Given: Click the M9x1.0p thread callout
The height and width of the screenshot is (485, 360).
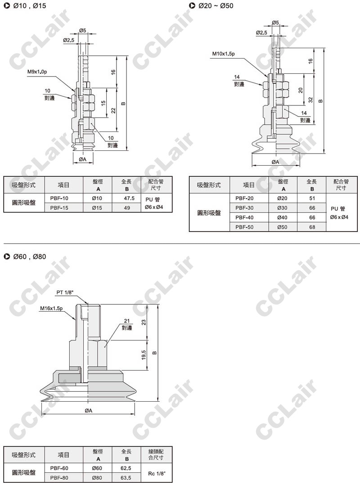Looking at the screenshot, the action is click(37, 72).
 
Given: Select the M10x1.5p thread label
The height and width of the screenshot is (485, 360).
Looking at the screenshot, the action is click(223, 54).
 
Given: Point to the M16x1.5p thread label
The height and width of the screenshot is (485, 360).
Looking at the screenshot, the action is click(51, 308).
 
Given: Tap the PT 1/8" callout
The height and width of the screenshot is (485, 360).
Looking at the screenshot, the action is click(65, 292).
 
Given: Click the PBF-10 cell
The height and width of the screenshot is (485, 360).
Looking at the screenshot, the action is click(59, 198).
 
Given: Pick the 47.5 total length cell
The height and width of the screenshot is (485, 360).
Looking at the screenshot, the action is click(127, 198).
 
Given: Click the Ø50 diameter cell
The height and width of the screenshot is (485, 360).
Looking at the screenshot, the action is click(282, 227).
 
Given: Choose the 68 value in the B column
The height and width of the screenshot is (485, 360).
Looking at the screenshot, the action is click(312, 227).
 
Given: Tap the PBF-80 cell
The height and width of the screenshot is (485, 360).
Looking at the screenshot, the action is click(59, 478).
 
